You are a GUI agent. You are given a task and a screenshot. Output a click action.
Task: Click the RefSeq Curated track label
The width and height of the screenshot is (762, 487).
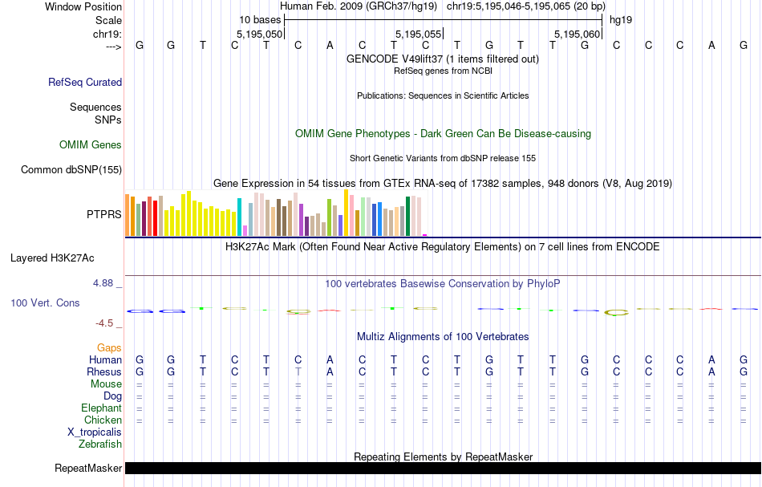[x=85, y=82]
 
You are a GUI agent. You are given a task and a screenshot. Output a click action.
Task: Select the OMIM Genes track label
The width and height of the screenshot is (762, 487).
[x=91, y=145]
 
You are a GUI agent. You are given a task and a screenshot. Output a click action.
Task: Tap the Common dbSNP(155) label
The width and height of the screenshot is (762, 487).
[x=71, y=169]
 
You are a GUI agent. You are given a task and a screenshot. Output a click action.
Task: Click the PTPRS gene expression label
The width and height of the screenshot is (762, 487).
[x=104, y=214]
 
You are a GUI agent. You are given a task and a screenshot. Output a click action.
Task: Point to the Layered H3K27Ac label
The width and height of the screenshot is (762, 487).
[x=52, y=258]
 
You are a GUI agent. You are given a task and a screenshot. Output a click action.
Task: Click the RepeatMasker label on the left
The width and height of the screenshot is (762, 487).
[x=88, y=469]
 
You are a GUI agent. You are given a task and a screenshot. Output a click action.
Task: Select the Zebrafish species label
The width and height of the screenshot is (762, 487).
[x=100, y=444]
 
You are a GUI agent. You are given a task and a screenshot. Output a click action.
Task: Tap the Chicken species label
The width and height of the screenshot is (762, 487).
[x=103, y=420]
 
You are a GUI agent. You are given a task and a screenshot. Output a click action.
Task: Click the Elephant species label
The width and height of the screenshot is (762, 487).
[x=101, y=408]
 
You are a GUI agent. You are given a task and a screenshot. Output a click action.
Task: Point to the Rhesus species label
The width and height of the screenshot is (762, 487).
[x=104, y=372]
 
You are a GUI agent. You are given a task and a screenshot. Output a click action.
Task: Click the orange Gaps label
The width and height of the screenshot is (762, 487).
[x=109, y=347]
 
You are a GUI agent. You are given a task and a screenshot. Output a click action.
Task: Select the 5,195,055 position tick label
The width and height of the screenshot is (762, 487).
[x=419, y=34]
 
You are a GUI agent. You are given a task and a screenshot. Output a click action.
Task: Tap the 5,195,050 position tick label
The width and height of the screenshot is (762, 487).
[x=260, y=34]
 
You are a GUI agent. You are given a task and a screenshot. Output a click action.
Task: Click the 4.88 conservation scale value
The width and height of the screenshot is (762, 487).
[x=105, y=283]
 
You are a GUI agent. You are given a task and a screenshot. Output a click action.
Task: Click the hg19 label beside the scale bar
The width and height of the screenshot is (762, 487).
[x=621, y=19]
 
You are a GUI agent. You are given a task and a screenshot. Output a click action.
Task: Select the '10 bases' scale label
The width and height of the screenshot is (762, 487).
[x=260, y=19]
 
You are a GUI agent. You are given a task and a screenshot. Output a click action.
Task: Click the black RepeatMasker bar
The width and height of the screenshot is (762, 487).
[x=441, y=469]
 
